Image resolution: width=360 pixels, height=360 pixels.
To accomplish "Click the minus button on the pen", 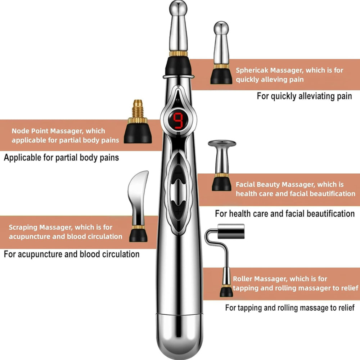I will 179,174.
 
